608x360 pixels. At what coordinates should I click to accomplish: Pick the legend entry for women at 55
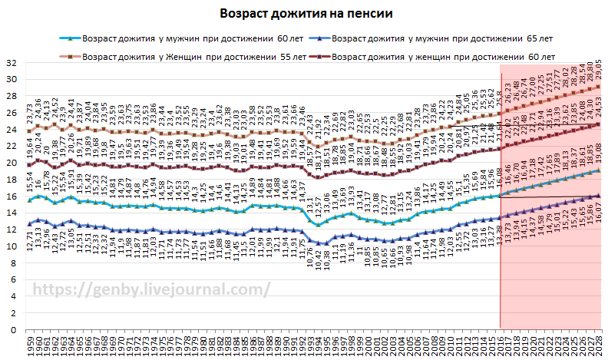(x=193, y=56)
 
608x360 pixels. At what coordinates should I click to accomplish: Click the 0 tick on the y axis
(x=14, y=330)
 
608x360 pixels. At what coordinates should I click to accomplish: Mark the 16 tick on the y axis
(x=12, y=197)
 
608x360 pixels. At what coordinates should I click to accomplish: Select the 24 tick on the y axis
(x=12, y=130)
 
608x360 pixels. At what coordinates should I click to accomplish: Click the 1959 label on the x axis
(x=30, y=346)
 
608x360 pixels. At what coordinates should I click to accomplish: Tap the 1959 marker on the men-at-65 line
(x=30, y=224)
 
